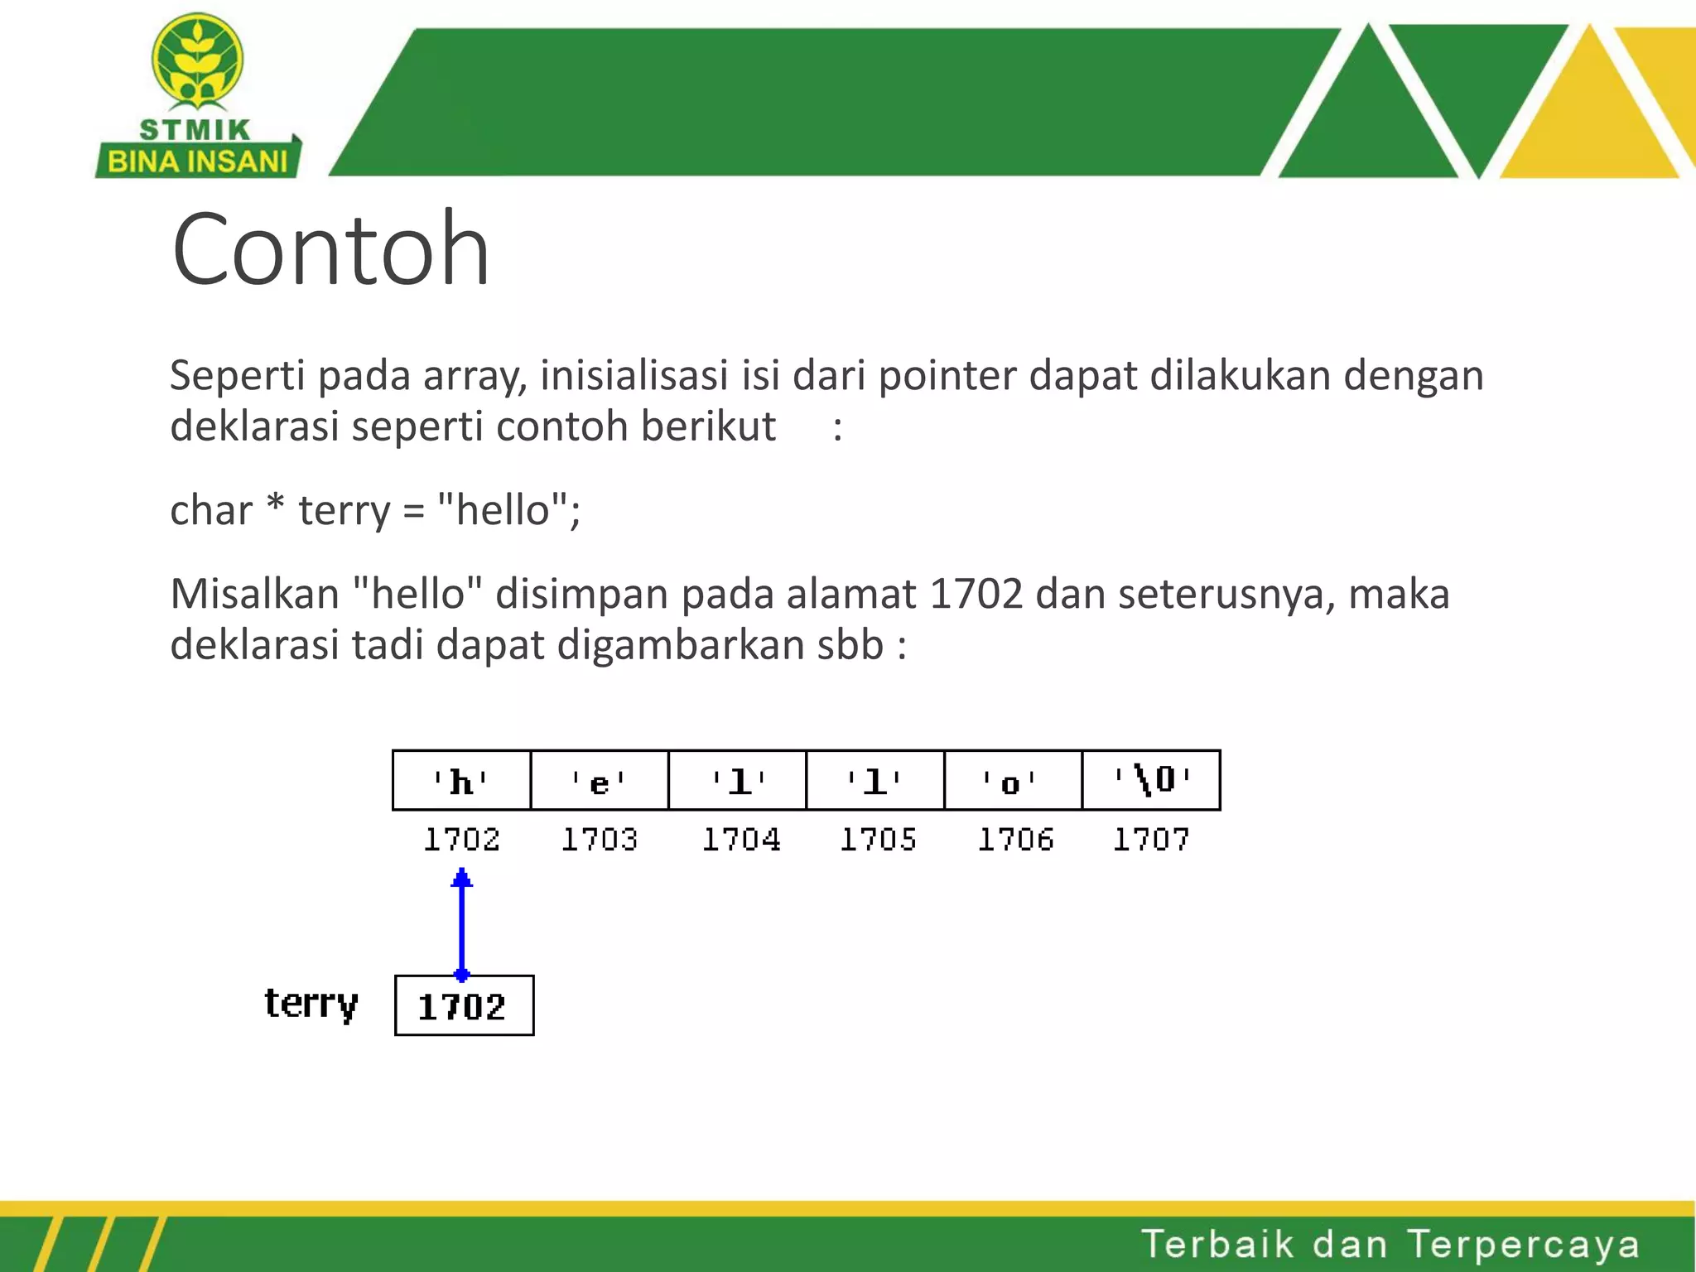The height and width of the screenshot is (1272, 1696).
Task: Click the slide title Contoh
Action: pos(330,248)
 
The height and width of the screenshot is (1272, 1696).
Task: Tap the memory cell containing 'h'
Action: pos(461,780)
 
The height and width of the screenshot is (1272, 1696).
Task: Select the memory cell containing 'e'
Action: pos(599,780)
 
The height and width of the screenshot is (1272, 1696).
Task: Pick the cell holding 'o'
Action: pos(1012,780)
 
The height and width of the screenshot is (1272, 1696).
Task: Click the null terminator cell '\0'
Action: pos(1151,780)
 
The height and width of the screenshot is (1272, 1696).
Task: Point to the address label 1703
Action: pos(600,840)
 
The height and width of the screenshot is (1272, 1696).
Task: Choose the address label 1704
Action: pos(741,840)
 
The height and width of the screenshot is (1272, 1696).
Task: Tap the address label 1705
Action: pos(878,840)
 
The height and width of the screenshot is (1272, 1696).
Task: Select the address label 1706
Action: pos(1015,840)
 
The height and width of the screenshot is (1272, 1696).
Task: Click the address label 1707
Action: pos(1151,840)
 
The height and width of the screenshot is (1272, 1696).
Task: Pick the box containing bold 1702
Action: pos(464,1006)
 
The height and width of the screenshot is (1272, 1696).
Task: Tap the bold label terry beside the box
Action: pos(311,1005)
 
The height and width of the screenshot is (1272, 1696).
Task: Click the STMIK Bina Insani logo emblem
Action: pos(197,62)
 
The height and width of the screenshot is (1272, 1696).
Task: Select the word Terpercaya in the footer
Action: pos(1523,1245)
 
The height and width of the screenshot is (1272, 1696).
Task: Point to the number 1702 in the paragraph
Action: pos(976,595)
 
